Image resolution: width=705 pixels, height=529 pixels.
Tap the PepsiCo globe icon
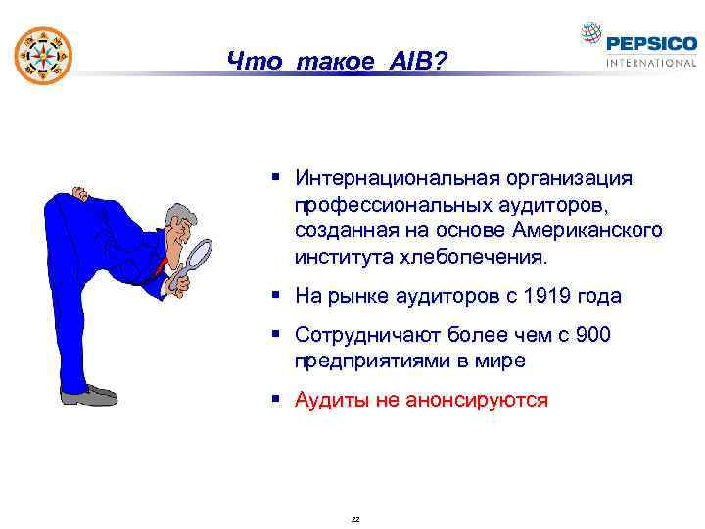[591, 35]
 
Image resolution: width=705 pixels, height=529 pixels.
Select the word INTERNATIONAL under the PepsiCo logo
[651, 63]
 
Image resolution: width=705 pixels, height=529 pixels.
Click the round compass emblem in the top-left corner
[43, 52]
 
